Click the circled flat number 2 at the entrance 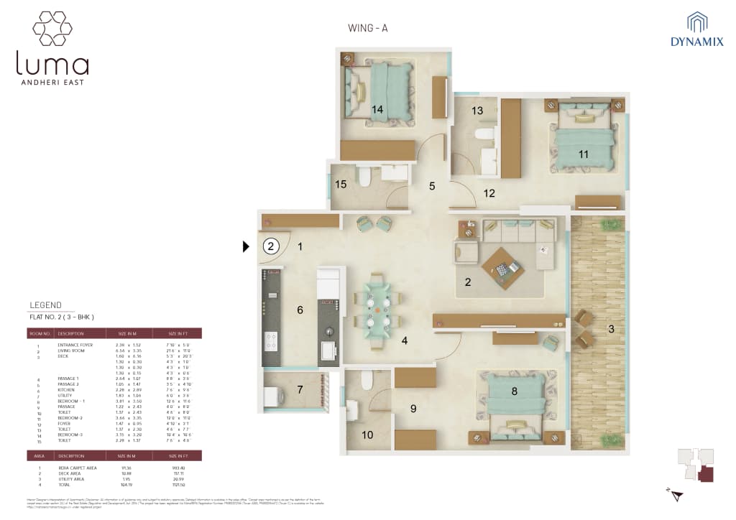270,246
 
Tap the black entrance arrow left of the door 247,246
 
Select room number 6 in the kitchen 300,310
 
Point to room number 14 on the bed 377,109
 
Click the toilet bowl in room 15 364,175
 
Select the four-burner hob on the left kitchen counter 272,341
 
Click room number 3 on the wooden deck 611,330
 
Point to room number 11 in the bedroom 583,154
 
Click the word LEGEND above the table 45,305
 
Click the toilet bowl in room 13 484,134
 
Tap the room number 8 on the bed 514,391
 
